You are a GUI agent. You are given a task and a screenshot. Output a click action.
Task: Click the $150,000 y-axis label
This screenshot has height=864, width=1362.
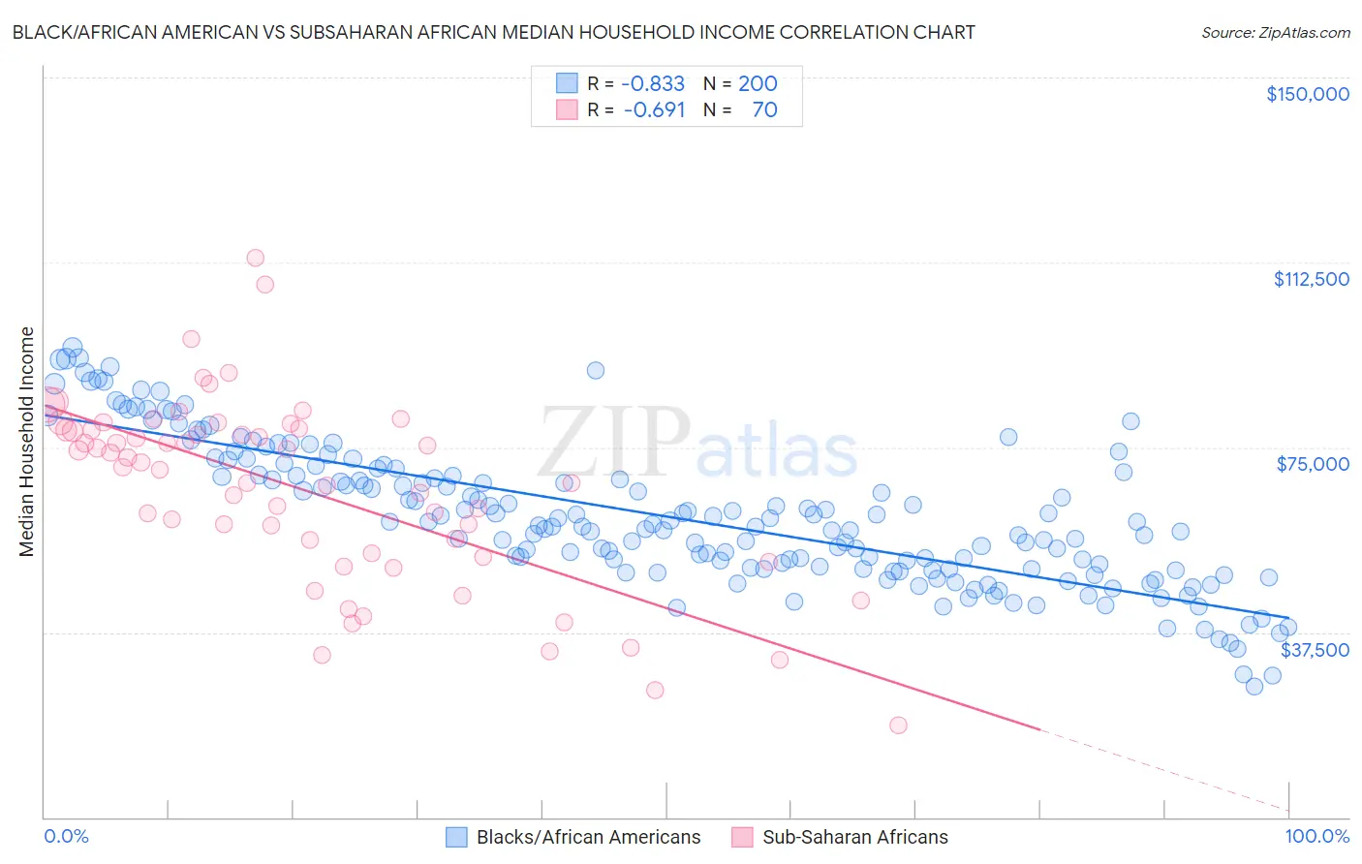(x=1307, y=94)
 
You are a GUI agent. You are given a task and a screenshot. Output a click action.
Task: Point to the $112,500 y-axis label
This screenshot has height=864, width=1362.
(x=1311, y=279)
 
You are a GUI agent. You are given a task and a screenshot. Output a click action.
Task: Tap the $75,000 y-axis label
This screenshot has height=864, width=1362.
(x=1313, y=464)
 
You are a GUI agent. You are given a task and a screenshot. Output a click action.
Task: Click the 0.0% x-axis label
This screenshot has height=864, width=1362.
(x=66, y=836)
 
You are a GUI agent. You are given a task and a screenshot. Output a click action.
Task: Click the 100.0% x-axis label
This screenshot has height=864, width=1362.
(x=1316, y=836)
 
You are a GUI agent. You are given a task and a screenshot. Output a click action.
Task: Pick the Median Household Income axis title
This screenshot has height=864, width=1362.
(x=27, y=442)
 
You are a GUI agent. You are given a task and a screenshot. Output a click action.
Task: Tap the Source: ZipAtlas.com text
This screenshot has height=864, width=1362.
(x=1275, y=32)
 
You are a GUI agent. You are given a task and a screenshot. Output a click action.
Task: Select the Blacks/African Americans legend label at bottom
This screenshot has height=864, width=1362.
(x=588, y=837)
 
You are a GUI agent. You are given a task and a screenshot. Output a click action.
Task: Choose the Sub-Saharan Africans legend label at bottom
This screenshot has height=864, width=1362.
(x=855, y=837)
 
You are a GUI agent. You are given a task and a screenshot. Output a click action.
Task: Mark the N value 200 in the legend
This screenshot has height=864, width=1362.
(x=758, y=83)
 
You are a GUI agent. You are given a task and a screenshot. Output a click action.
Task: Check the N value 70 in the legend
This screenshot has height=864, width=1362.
(x=764, y=109)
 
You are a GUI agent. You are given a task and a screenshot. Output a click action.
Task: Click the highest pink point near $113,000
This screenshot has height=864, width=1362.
(x=255, y=258)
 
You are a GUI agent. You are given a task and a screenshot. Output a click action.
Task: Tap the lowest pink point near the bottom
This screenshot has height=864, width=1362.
(x=898, y=725)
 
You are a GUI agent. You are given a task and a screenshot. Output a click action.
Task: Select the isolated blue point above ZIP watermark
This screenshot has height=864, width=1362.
(x=596, y=370)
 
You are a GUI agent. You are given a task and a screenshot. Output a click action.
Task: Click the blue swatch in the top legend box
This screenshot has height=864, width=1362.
(x=567, y=83)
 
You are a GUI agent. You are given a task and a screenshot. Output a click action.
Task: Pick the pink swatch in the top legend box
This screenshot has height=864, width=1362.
(x=567, y=109)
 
